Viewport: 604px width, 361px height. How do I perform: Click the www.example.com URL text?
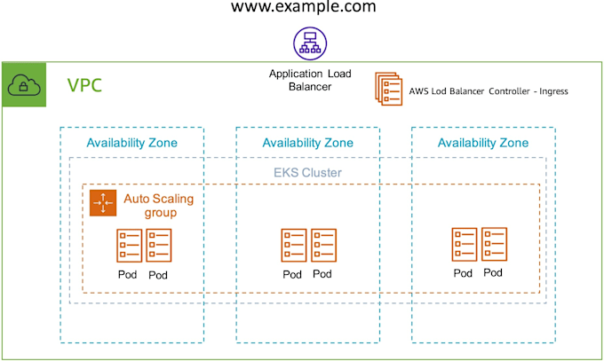(303, 8)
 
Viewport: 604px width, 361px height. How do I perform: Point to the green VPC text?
(85, 86)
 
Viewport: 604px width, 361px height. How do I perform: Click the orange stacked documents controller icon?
(388, 89)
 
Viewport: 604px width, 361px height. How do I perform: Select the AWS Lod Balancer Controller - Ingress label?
(488, 90)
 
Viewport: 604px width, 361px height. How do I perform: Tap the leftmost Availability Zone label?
(131, 143)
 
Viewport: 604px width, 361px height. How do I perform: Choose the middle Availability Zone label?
(307, 143)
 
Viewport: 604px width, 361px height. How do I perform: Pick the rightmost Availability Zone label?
(483, 143)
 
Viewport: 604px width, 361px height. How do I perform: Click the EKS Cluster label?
(306, 172)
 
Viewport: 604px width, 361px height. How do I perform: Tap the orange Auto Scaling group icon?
(104, 203)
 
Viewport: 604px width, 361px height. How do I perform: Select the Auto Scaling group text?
(158, 206)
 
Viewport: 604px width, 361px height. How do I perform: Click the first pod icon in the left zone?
(129, 246)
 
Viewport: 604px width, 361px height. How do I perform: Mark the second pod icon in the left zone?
(159, 246)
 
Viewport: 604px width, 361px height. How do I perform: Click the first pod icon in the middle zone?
(293, 246)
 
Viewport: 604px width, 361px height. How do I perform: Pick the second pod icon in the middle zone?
(323, 246)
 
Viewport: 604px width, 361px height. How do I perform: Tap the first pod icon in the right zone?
(464, 244)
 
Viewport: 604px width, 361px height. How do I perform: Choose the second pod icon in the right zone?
(495, 244)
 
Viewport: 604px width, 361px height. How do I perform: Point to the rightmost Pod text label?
(494, 272)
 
